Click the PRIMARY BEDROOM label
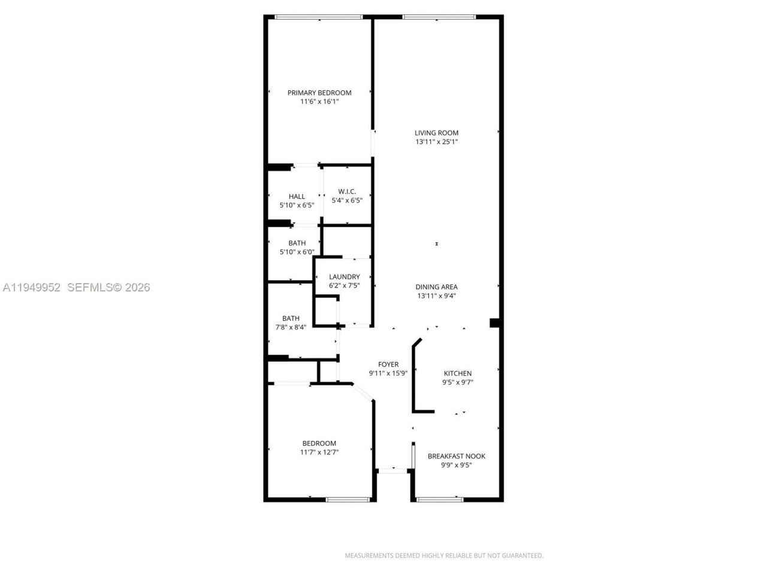coord(319,93)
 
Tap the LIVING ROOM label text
coord(436,133)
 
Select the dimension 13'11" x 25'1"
coord(436,142)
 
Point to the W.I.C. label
coord(347,192)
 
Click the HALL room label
coord(297,196)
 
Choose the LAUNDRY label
coord(345,277)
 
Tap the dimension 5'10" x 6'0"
coord(297,252)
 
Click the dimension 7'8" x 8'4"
coord(291,327)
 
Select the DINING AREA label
coord(436,287)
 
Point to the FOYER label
coord(388,364)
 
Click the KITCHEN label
coord(457,373)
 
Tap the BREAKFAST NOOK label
coord(456,456)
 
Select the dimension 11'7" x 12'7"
coord(319,452)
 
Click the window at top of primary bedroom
coord(319,17)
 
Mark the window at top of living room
coord(439,17)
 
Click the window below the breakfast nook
coord(440,499)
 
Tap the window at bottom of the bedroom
coord(348,499)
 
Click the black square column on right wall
coord(495,323)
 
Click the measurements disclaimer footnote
coord(444,555)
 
